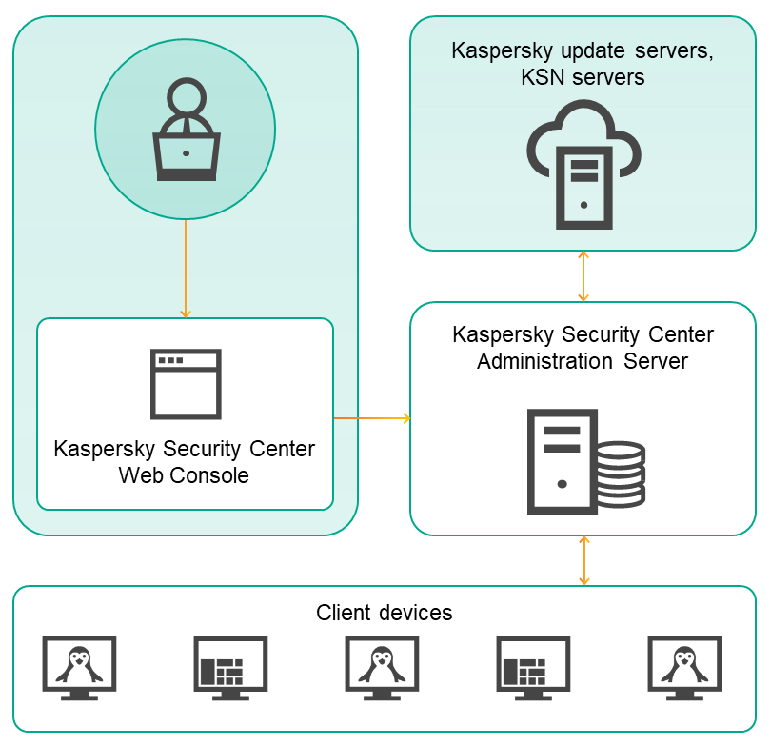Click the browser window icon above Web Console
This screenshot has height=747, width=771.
(186, 383)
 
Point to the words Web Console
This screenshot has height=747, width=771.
(184, 475)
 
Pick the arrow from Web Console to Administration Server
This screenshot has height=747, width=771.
(371, 418)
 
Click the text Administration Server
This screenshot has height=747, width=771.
(583, 362)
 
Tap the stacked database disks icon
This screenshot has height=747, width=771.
(623, 474)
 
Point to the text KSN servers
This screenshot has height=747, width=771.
(583, 77)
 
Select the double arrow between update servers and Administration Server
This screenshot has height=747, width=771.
(583, 276)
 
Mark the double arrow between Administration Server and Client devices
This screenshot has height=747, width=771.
(583, 560)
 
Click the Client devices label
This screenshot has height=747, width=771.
(385, 613)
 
